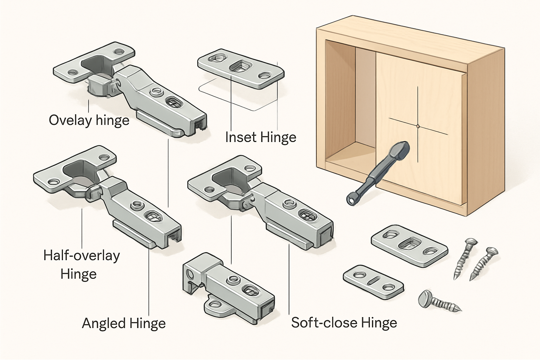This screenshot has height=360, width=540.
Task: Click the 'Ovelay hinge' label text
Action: click(89, 120)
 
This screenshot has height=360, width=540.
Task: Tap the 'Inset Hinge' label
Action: click(261, 137)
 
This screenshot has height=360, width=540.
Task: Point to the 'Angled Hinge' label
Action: click(124, 323)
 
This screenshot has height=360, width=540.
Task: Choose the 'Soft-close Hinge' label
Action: click(344, 323)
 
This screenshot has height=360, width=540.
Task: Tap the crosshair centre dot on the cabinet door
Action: click(418, 126)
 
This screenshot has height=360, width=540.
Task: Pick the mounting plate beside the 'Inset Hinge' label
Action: click(240, 68)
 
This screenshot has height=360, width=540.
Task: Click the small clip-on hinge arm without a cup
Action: click(229, 288)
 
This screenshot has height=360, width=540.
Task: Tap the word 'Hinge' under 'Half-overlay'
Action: click(78, 274)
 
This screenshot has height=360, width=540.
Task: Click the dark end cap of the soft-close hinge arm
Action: click(326, 234)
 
